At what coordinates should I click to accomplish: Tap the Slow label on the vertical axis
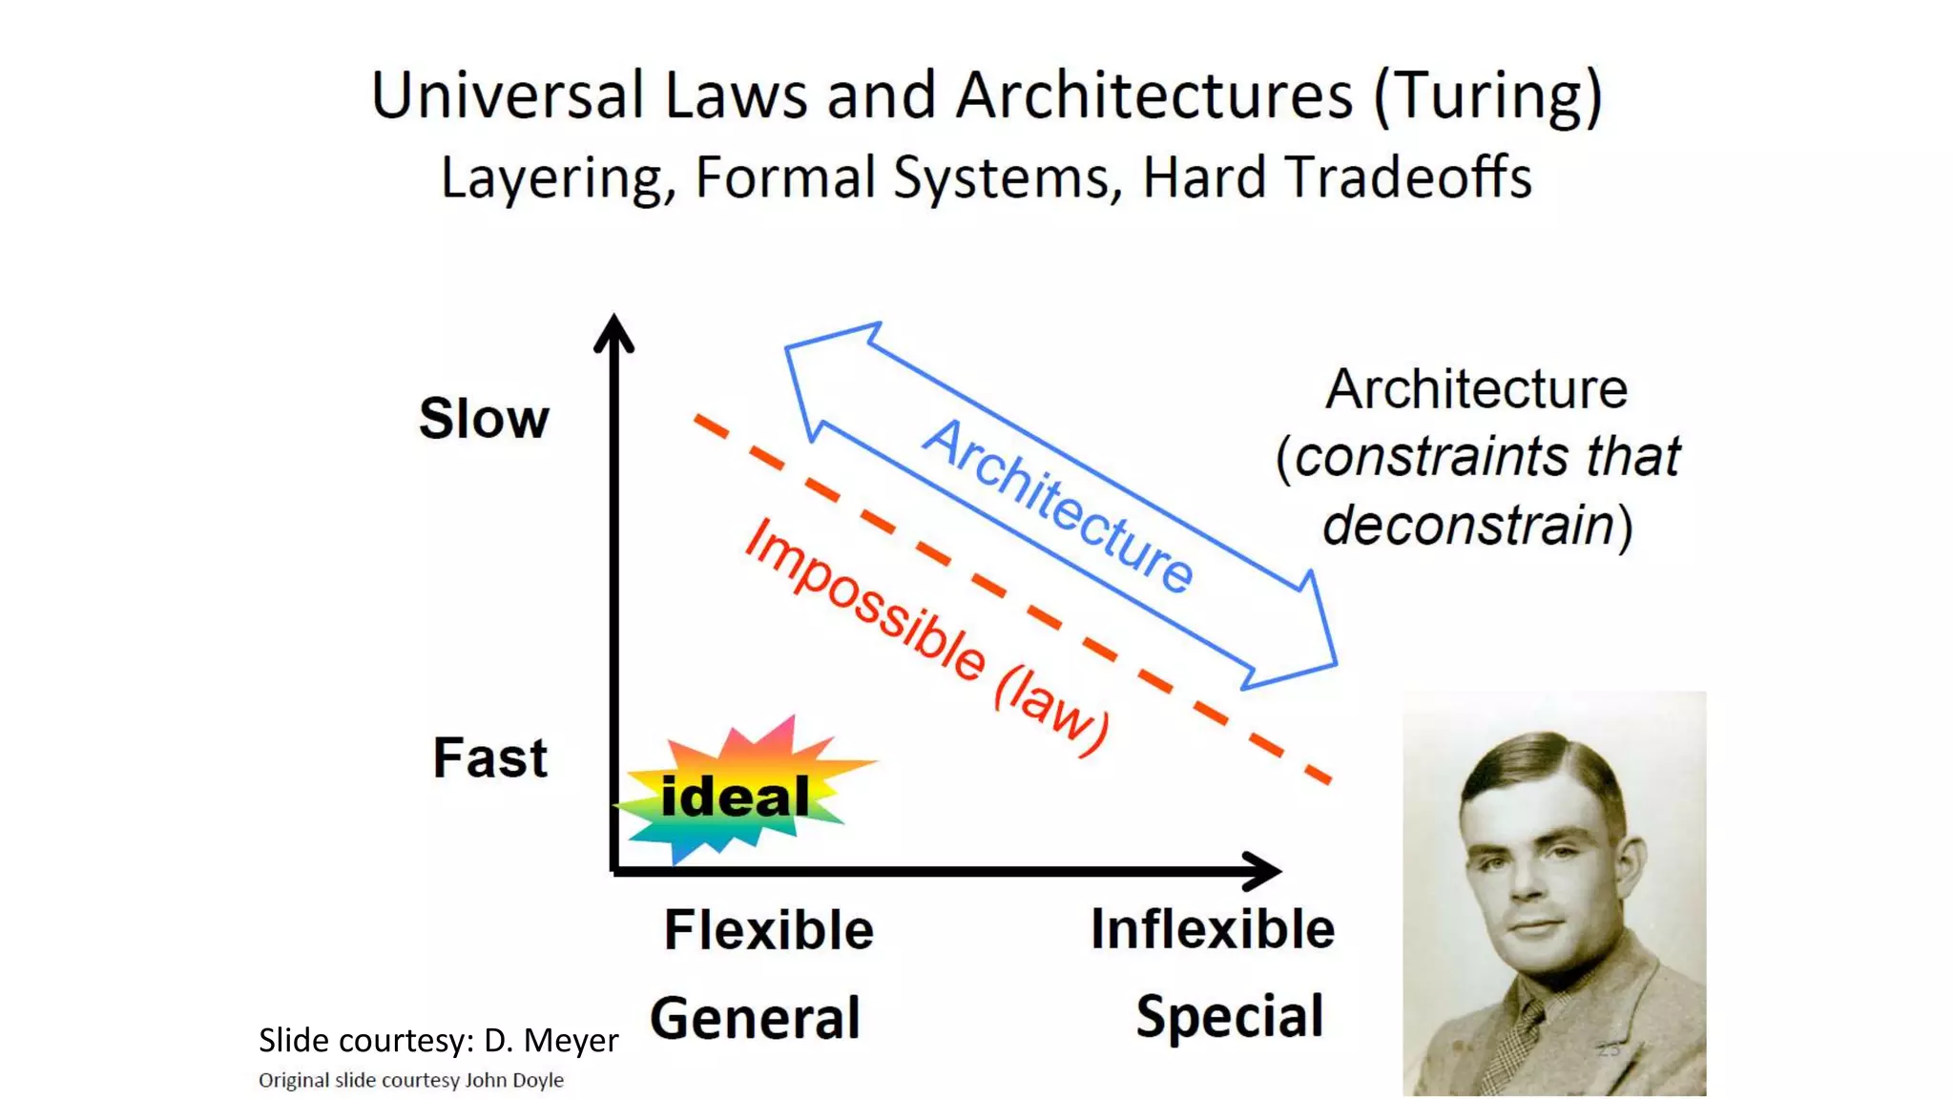(484, 419)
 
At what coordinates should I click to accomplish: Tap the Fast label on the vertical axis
(489, 758)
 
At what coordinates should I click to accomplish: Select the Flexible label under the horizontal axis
(768, 930)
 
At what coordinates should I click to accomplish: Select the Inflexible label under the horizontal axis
(1212, 929)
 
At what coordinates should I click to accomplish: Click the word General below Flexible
(755, 1018)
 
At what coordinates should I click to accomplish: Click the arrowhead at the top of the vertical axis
(613, 333)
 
